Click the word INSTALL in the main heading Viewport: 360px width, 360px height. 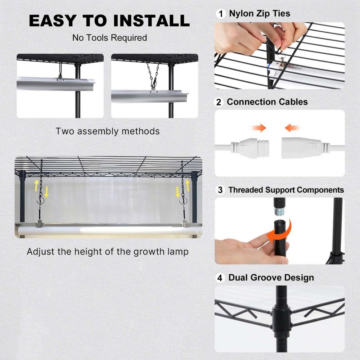pos(151,21)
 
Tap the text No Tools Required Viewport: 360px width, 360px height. pos(109,38)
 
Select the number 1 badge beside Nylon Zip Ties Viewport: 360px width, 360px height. pos(220,14)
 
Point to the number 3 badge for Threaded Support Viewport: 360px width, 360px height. pos(220,190)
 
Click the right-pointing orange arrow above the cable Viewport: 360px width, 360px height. pos(258,127)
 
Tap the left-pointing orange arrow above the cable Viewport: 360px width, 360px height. pos(292,127)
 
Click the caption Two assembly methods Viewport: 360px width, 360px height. pos(107,131)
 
